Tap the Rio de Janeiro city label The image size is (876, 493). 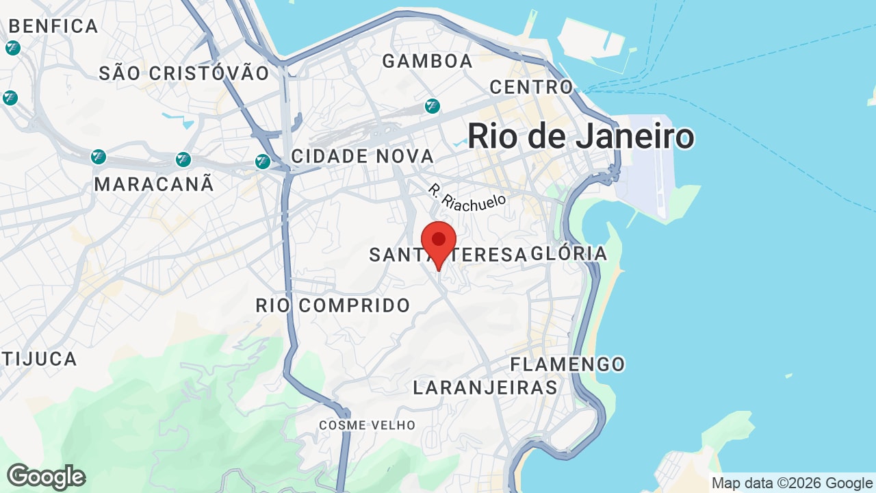tap(581, 136)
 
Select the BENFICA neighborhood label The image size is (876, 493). tap(53, 27)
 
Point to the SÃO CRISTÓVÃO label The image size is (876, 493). tap(184, 73)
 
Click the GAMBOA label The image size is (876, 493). tap(428, 61)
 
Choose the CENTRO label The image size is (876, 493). tap(531, 87)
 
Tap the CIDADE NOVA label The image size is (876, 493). tap(363, 156)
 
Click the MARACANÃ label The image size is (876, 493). tap(154, 184)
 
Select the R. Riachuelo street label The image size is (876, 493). tap(467, 197)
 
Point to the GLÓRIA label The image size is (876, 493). tap(569, 253)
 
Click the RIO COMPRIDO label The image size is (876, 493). tap(333, 305)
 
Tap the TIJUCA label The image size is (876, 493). tap(39, 359)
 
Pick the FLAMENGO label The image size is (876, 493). tap(568, 364)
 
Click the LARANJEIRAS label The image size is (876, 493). tap(485, 388)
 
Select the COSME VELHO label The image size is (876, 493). tap(368, 425)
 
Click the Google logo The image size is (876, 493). tap(46, 477)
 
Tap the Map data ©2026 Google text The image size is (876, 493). tap(792, 483)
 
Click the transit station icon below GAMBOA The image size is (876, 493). tap(432, 106)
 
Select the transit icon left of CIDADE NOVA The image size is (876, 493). tap(262, 162)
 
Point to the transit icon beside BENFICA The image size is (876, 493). tap(12, 48)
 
